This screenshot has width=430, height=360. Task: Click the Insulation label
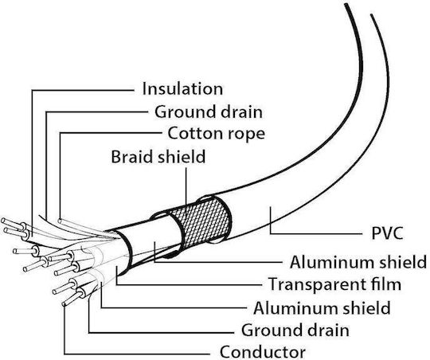(182, 89)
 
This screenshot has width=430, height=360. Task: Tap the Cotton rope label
(217, 133)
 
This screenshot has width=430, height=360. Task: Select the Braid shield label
(158, 157)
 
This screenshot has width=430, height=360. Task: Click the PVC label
(387, 233)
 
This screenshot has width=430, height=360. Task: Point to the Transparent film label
(334, 284)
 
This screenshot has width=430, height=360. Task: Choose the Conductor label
(263, 351)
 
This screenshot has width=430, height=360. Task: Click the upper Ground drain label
(209, 112)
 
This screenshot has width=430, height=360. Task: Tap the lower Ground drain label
(295, 330)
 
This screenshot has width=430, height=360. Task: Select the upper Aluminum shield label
(358, 262)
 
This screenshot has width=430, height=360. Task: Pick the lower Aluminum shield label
(322, 307)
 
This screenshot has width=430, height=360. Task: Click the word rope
(247, 135)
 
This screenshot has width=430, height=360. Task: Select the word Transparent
(320, 284)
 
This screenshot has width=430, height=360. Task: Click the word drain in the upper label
(241, 112)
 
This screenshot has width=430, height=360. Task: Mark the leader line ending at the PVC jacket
(315, 233)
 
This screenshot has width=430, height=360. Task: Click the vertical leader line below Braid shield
(186, 192)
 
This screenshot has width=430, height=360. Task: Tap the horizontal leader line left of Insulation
(83, 90)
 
